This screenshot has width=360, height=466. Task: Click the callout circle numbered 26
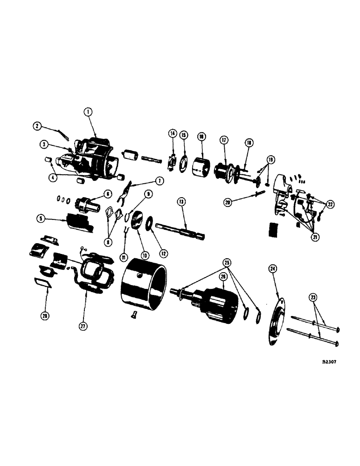[223, 276]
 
